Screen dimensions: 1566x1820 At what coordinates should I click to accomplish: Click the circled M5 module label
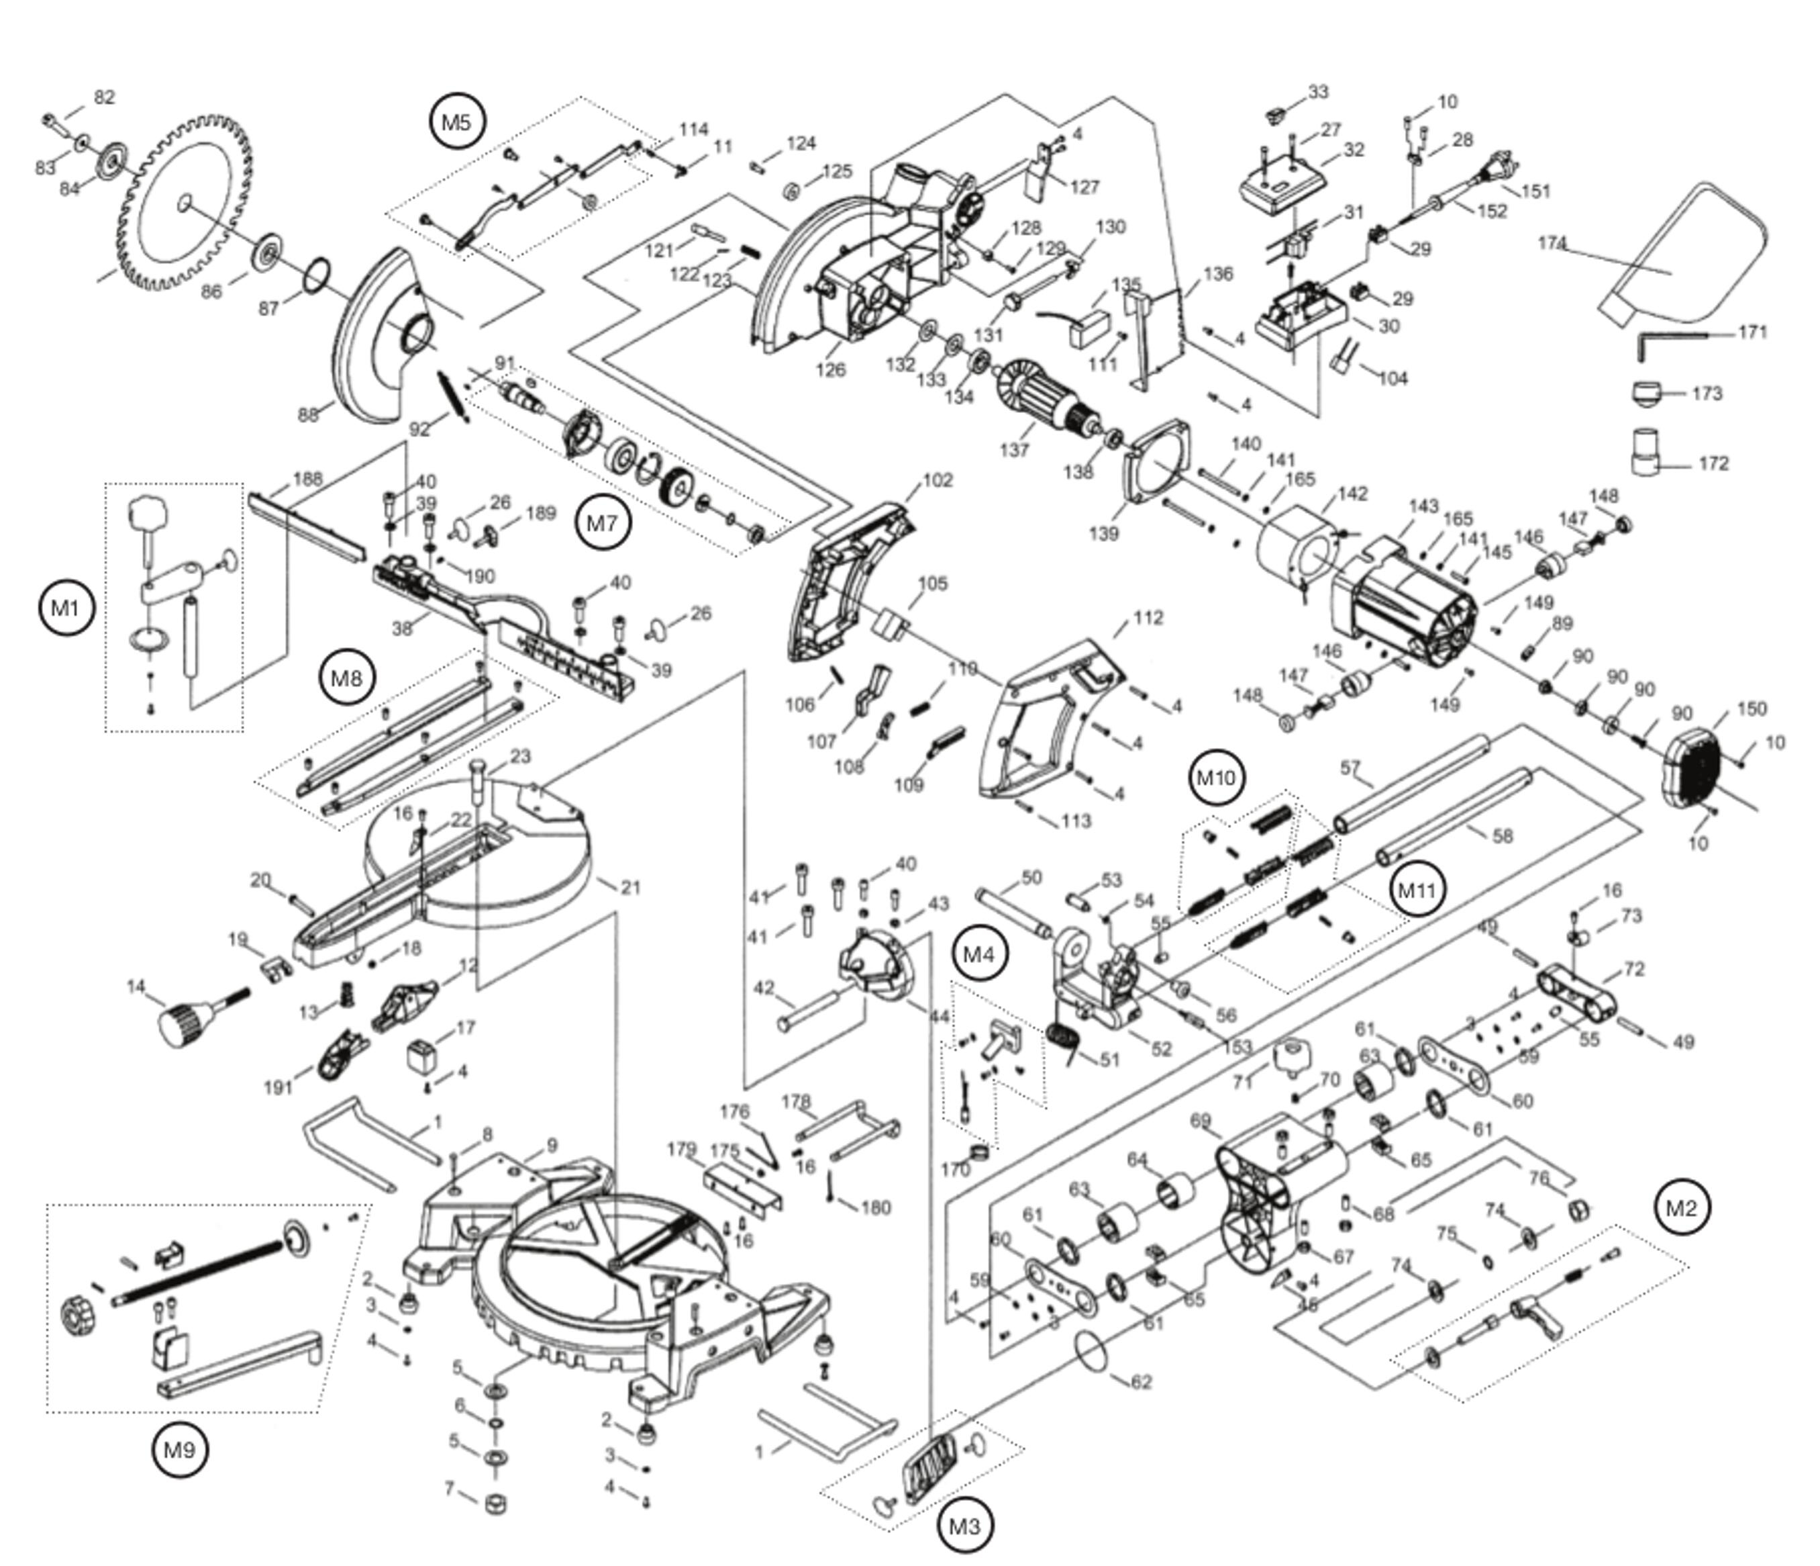click(x=458, y=122)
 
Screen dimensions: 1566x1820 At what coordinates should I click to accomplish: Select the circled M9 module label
click(x=179, y=1449)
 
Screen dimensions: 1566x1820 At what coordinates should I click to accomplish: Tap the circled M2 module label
click(x=1681, y=1207)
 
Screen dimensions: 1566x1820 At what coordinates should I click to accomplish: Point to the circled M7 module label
click(x=603, y=523)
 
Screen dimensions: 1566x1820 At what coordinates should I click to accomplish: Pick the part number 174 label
click(x=1552, y=243)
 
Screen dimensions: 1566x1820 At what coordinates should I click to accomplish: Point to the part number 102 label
click(x=938, y=481)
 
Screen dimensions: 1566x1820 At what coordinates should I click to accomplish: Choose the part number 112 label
click(x=1148, y=618)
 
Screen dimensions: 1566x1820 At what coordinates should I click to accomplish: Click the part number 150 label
click(x=1752, y=708)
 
